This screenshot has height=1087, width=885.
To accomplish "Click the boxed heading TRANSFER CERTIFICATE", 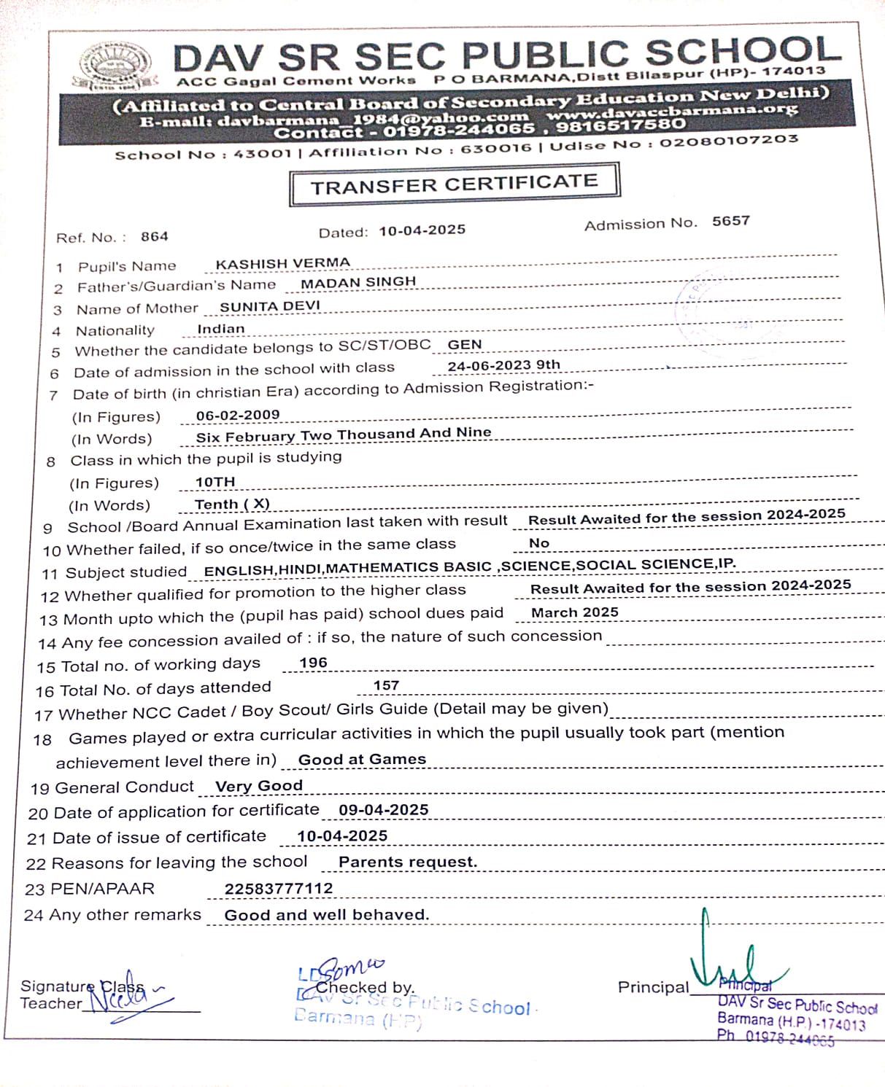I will click(x=454, y=184).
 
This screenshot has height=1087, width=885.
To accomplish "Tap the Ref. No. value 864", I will click(x=155, y=236).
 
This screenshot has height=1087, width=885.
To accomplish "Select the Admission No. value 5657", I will click(x=731, y=221).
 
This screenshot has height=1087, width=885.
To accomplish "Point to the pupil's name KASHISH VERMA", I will click(x=283, y=263).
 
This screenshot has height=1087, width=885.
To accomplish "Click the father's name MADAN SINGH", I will click(x=358, y=282).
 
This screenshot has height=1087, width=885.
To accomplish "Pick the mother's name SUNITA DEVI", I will click(x=270, y=306).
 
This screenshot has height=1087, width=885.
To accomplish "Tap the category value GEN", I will click(x=465, y=345).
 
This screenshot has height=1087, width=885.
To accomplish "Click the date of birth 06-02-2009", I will click(x=238, y=415).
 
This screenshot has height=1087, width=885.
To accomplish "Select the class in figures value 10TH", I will click(x=215, y=482).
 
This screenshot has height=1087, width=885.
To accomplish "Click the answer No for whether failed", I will click(x=539, y=543).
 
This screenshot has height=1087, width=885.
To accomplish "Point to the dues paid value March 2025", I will click(x=575, y=612).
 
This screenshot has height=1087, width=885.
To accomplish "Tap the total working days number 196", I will click(x=314, y=663).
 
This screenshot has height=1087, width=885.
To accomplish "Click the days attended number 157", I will click(x=386, y=685).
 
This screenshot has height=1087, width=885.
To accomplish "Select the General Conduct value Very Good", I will click(x=259, y=786).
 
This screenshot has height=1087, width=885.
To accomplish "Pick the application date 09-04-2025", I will click(x=384, y=810).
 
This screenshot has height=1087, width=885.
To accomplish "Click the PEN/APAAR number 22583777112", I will click(x=279, y=889).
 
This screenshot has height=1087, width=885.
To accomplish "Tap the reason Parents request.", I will click(x=408, y=862).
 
